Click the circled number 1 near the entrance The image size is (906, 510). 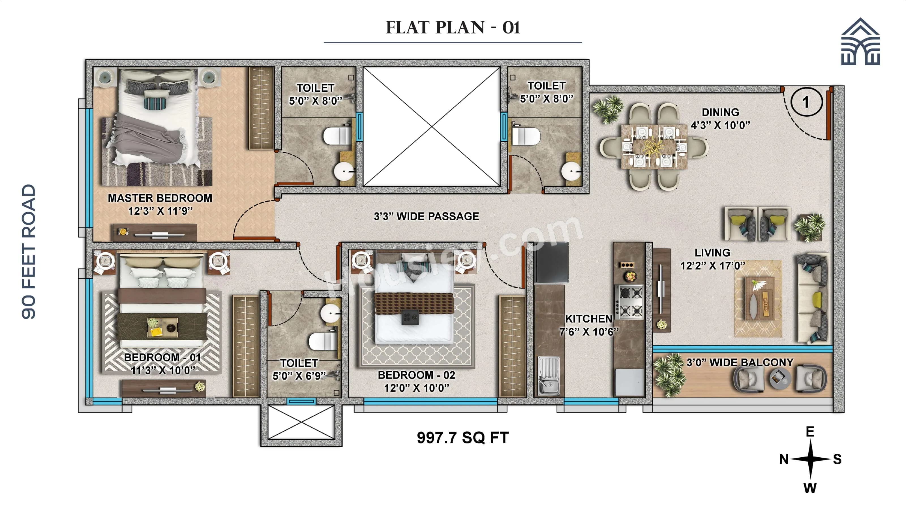coord(806,102)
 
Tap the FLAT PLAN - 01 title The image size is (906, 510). coord(453,27)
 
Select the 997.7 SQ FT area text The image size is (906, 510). coord(462,438)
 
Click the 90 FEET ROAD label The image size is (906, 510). coord(29,252)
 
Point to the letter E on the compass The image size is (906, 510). coord(810,432)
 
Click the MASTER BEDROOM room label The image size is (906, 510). coord(160,198)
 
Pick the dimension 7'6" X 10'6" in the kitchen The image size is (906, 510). coord(589,332)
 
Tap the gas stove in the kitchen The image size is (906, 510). coord(629,302)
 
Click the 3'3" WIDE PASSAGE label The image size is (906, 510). coord(426,216)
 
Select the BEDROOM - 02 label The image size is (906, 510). coord(416,375)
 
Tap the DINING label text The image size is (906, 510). coord(720,112)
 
